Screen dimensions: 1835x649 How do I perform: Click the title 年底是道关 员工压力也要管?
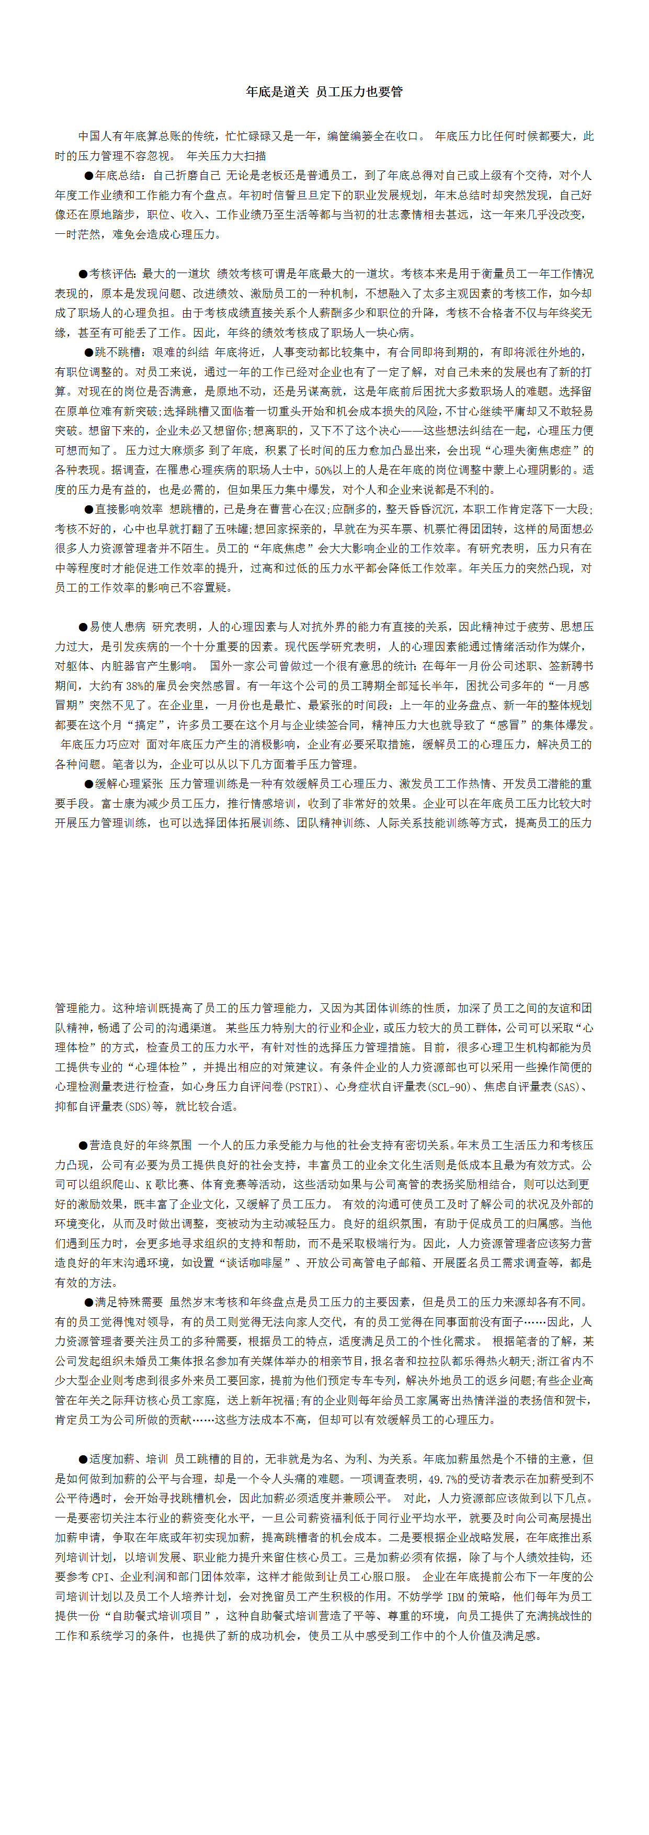point(324,92)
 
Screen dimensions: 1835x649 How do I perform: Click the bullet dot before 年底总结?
point(89,176)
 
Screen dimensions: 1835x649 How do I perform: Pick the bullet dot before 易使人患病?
point(83,627)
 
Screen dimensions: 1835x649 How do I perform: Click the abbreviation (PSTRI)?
point(305,1087)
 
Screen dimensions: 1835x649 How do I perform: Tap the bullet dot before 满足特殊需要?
point(89,1302)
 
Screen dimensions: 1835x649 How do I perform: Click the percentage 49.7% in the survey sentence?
point(444,1479)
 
